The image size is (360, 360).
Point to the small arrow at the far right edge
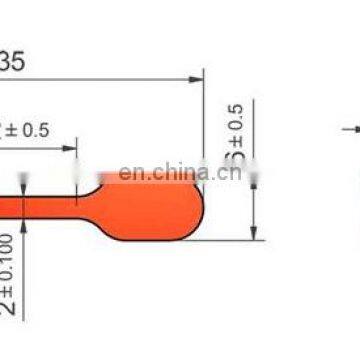pos(349,128)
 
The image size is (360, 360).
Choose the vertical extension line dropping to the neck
pos(78,165)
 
